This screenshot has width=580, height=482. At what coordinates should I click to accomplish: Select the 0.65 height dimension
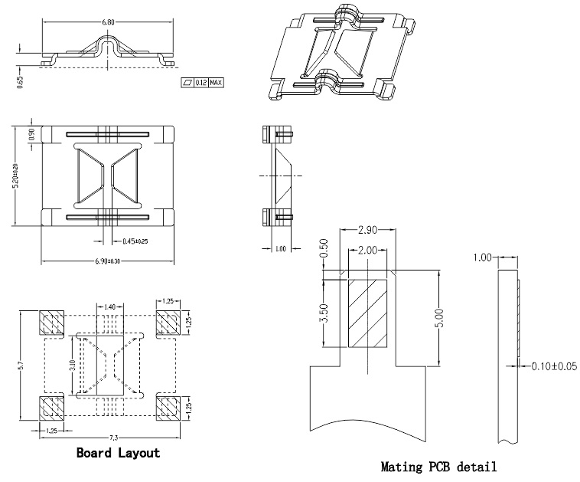[x=20, y=80]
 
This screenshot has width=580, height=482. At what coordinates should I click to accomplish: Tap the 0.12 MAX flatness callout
[x=204, y=82]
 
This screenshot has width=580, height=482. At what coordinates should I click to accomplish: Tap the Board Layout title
[x=118, y=453]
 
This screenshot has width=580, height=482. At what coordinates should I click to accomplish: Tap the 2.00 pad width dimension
[x=367, y=251]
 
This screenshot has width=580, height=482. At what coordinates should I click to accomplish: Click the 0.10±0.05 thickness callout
[x=554, y=366]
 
